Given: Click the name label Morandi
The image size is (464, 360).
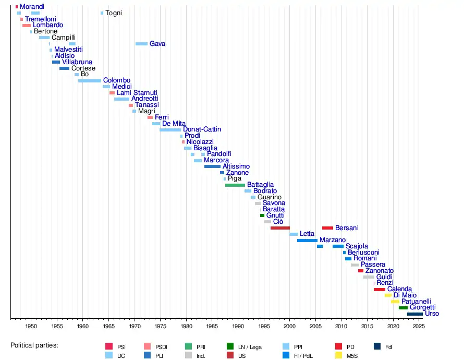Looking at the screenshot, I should pyautogui.click(x=32, y=6).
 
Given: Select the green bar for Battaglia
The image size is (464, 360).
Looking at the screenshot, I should pyautogui.click(x=235, y=185).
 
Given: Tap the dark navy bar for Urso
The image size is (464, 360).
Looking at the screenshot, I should pyautogui.click(x=414, y=314).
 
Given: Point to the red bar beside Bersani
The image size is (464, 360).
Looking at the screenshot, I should pyautogui.click(x=327, y=228).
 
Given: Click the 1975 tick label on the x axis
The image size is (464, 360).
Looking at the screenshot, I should pyautogui.click(x=160, y=326).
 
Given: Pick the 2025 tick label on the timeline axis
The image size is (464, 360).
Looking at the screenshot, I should pyautogui.click(x=419, y=326).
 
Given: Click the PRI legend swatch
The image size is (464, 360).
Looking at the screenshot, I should pyautogui.click(x=189, y=346).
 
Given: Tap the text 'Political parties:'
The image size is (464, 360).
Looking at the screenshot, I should pyautogui.click(x=34, y=345).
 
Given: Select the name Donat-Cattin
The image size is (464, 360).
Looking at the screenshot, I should pyautogui.click(x=202, y=129).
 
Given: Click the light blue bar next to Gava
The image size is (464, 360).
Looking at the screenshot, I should pyautogui.click(x=141, y=44).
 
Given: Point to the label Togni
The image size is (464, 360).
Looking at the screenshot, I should pyautogui.click(x=114, y=13).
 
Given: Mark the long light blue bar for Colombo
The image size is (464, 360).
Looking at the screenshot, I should pyautogui.click(x=90, y=81).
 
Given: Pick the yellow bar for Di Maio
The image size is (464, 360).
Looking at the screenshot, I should pyautogui.click(x=388, y=295).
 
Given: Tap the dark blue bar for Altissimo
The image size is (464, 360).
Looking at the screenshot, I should pyautogui.click(x=212, y=166).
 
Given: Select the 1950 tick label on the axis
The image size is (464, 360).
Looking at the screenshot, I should pyautogui.click(x=31, y=326).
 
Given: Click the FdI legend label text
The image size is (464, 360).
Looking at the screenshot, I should pyautogui.click(x=389, y=346).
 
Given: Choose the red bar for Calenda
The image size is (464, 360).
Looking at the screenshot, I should pyautogui.click(x=380, y=289).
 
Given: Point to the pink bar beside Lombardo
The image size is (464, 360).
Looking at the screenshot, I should pyautogui.click(x=27, y=25).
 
